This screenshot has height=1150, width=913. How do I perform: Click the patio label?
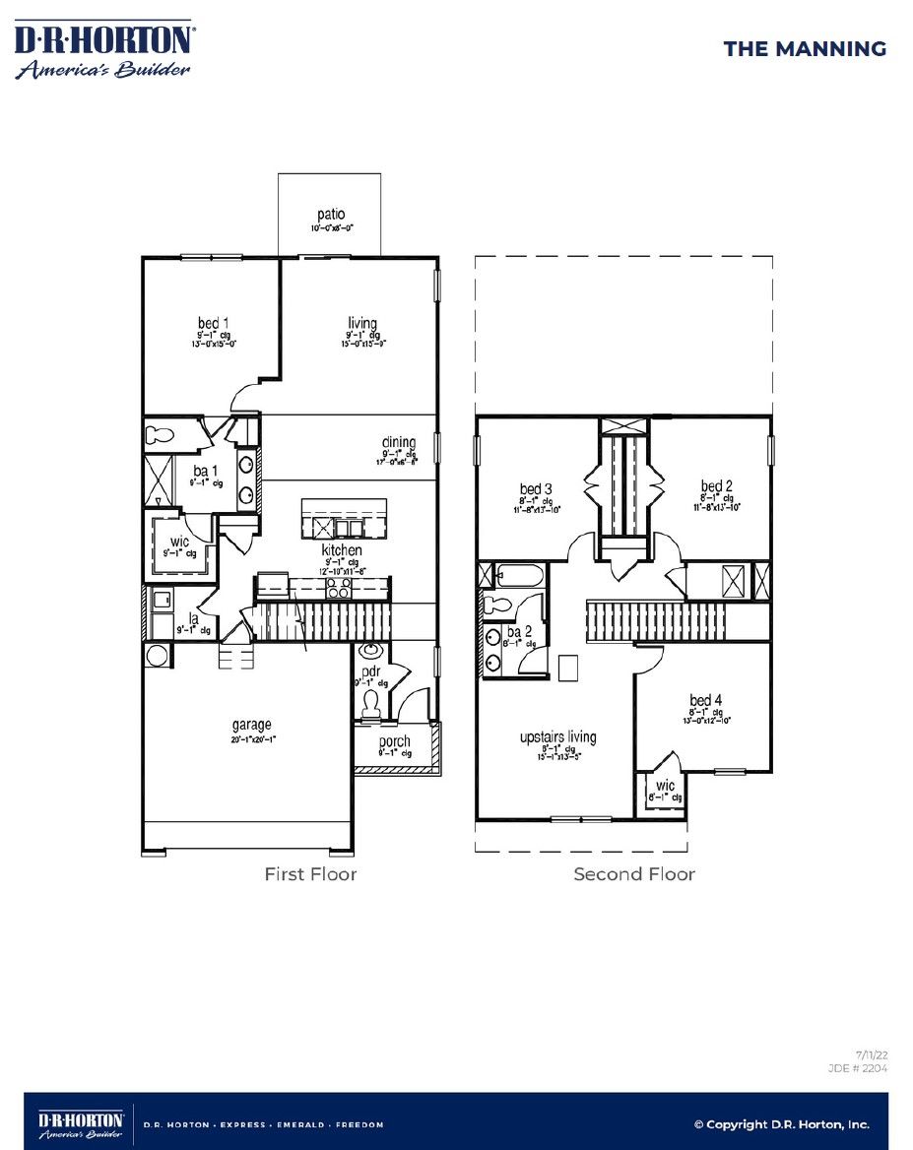331,215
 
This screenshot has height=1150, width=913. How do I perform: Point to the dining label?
399,443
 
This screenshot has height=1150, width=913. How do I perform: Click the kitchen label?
342,549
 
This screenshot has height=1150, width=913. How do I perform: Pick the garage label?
252,726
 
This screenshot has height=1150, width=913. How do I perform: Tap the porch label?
395,741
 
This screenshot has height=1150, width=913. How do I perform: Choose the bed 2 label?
717,486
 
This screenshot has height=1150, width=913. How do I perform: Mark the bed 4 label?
706,700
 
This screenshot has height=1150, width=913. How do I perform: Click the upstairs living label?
557,737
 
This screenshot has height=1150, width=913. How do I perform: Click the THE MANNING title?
805,49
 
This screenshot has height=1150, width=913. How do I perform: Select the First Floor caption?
310,873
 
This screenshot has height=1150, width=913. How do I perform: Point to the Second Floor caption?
634,873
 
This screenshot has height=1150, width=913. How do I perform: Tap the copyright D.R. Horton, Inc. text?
781,1123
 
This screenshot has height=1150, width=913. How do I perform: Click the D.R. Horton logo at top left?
103,51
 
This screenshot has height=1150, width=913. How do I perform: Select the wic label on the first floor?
178,543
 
